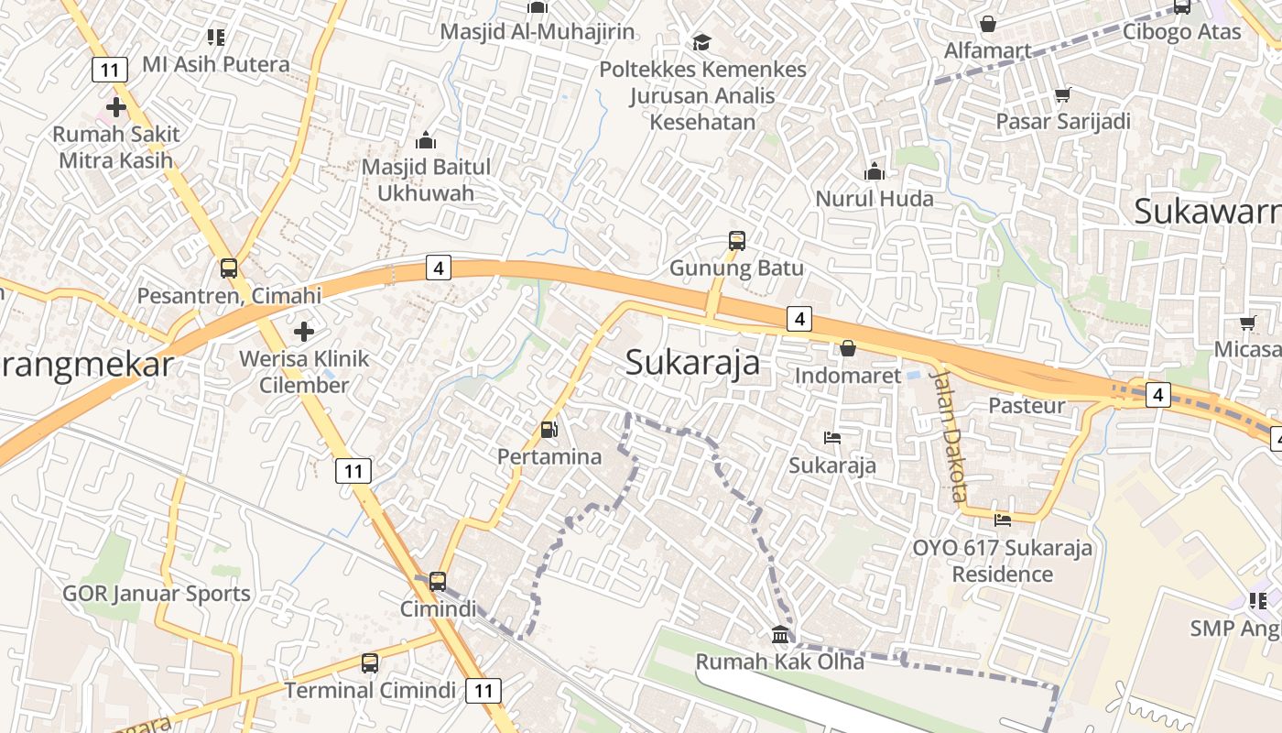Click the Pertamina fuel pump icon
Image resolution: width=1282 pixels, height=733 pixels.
pos(549,429)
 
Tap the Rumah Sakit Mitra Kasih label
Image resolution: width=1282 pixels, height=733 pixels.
pos(115,147)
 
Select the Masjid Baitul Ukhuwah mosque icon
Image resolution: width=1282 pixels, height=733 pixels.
pos(426,140)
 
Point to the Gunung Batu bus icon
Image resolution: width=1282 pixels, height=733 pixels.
pos(737,241)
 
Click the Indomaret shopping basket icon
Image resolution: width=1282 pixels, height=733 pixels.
pos(848,348)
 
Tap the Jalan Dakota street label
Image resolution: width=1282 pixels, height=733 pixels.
pos(948,434)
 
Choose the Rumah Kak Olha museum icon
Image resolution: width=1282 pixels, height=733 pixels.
pos(780,634)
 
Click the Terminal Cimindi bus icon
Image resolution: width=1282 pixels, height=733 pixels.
pos(370,662)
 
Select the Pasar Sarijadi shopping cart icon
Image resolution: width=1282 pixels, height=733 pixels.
pos(1063,94)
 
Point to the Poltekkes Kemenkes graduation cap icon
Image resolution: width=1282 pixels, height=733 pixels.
pos(702,42)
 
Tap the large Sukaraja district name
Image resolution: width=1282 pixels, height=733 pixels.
pos(692,363)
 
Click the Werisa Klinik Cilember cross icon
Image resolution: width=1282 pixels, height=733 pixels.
pos(304,331)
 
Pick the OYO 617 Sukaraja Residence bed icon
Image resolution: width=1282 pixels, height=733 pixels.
pos(1003,520)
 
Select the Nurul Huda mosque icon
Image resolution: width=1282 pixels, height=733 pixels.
pos(875,171)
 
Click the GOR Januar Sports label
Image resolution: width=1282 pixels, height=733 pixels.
pos(156,594)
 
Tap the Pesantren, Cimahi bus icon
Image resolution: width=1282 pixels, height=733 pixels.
pos(229,268)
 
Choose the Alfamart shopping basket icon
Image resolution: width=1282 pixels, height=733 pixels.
pos(988,24)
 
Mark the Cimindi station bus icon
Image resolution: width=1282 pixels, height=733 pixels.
pos(438,581)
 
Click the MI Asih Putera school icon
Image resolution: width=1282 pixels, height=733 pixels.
pos(216,38)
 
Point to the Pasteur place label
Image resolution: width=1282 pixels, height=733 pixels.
pos(1027,405)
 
